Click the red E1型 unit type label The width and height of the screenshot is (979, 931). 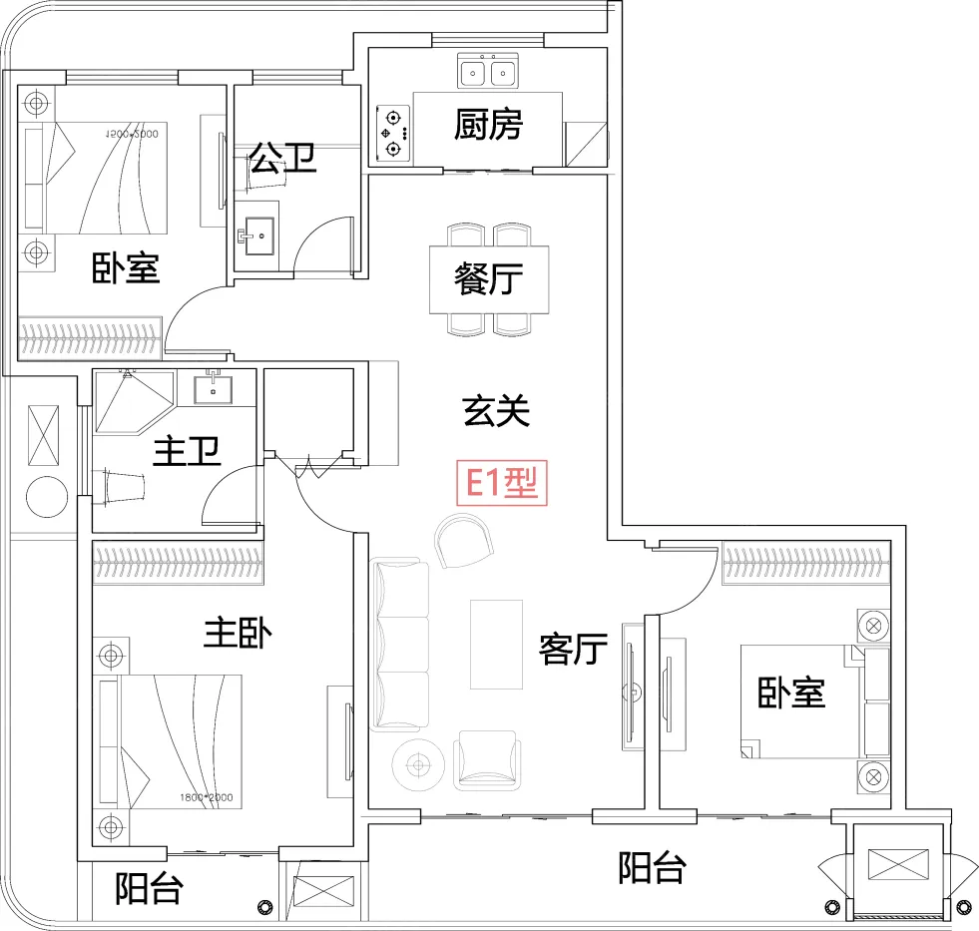point(502,484)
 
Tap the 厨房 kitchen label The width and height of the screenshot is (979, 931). point(488,125)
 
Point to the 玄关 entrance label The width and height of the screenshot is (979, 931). point(495,410)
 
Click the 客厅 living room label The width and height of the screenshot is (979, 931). point(573,649)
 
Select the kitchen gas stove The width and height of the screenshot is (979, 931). point(393,133)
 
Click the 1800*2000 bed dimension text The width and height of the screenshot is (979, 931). point(206,797)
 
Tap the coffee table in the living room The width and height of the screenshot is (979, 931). point(496,644)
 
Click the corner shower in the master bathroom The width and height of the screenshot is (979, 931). point(130,401)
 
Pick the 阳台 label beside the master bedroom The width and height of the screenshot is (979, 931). point(149,888)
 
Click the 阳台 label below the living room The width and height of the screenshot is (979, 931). point(652,867)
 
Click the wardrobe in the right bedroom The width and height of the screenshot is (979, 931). point(804,565)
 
